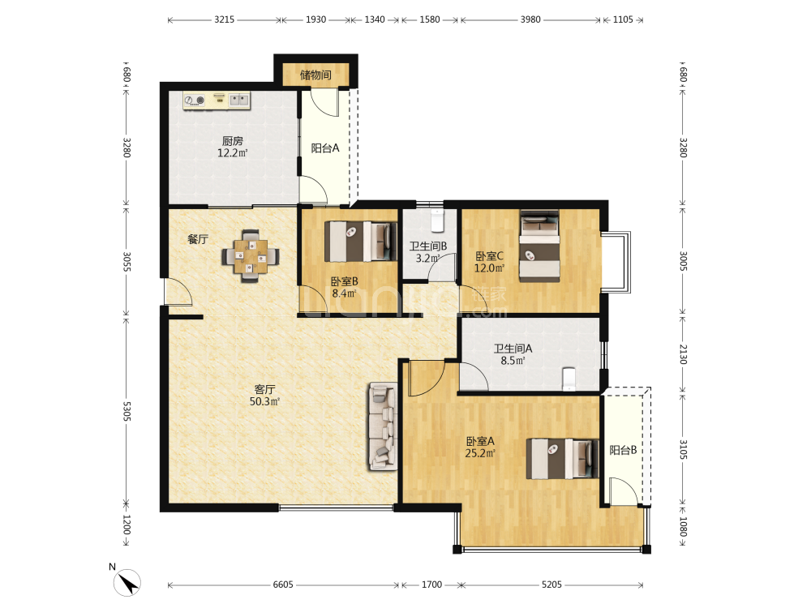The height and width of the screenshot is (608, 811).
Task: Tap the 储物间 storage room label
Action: (315, 75)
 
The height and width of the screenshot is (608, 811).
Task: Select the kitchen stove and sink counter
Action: (217, 101)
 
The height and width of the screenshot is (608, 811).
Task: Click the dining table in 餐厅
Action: (251, 256)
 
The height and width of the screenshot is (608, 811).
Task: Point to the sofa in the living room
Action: (383, 426)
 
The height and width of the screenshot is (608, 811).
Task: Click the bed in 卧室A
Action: (562, 459)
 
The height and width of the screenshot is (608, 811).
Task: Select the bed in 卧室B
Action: (361, 241)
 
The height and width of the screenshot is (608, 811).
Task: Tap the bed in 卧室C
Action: (539, 246)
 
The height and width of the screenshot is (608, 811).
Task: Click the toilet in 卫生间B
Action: (438, 221)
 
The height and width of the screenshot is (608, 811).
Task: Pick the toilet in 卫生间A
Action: (569, 379)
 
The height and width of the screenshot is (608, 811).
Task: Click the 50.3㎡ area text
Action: (265, 402)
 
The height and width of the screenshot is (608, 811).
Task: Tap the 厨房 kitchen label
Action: (233, 140)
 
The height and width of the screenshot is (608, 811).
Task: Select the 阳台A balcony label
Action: (325, 148)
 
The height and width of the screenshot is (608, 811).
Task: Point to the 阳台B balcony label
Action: (623, 450)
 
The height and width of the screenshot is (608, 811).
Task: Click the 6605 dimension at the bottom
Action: (283, 584)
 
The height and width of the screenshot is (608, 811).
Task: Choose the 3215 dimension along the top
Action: (224, 19)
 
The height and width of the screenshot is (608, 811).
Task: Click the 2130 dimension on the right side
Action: (683, 354)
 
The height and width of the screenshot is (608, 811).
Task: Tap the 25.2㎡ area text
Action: (480, 453)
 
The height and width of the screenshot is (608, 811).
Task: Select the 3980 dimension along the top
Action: (530, 19)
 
